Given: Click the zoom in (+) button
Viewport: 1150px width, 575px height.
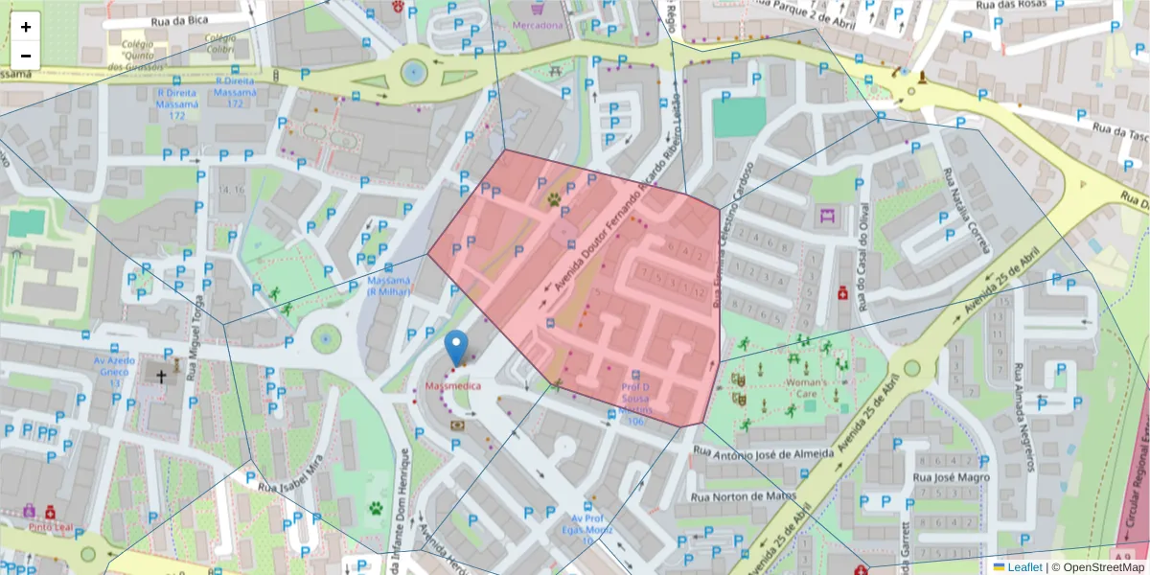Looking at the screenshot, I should pos(26,27).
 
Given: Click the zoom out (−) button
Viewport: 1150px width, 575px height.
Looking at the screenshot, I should pos(26,55).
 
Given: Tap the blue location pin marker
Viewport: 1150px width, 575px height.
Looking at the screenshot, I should pos(457,346).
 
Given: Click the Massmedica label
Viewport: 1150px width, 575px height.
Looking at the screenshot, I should pos(451,385).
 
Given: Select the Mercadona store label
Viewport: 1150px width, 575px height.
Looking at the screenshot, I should pos(537,25).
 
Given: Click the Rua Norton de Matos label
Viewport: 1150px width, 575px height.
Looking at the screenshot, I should pos(743,496).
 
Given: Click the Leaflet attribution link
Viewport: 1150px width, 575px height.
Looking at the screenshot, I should pos(1024,567).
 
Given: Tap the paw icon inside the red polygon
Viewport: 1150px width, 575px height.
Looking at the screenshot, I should pos(554,199).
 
